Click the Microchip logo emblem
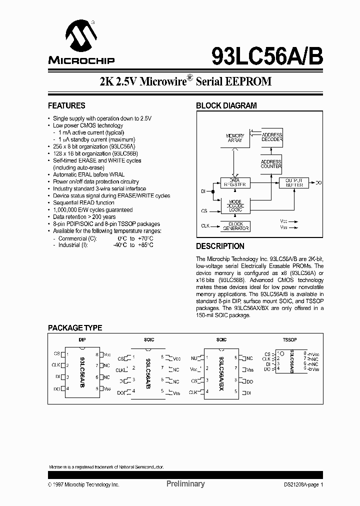coord(81,37)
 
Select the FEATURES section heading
coord(66,106)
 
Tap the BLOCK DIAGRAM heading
coord(226,106)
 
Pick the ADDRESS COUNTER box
coord(271,163)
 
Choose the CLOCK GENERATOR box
coord(235,226)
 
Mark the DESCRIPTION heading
coord(220,246)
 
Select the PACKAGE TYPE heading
coord(75,328)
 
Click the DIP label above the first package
coord(82,340)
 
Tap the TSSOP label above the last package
coord(290,340)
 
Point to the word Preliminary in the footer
coord(185,484)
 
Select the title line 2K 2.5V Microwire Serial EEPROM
coord(185,81)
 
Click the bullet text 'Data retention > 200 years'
coord(84,217)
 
